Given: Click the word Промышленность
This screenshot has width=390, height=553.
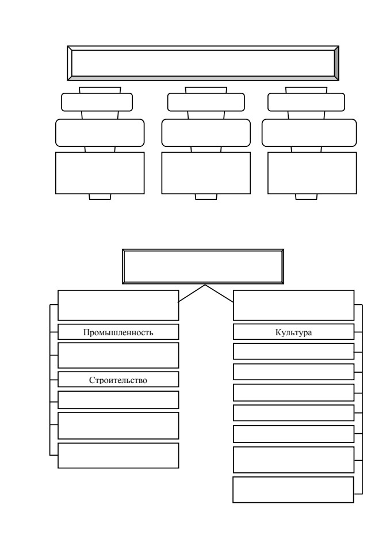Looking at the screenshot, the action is coord(118,332).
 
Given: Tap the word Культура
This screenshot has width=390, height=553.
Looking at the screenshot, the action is coord(293,332).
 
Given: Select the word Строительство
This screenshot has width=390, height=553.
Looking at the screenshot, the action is coord(118,380).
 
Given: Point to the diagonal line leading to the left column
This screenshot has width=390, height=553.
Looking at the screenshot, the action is coord(192,293).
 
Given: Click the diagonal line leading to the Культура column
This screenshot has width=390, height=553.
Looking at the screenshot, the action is coord(219,293).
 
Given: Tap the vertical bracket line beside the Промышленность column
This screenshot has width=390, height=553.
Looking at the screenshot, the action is coord(50,380).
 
